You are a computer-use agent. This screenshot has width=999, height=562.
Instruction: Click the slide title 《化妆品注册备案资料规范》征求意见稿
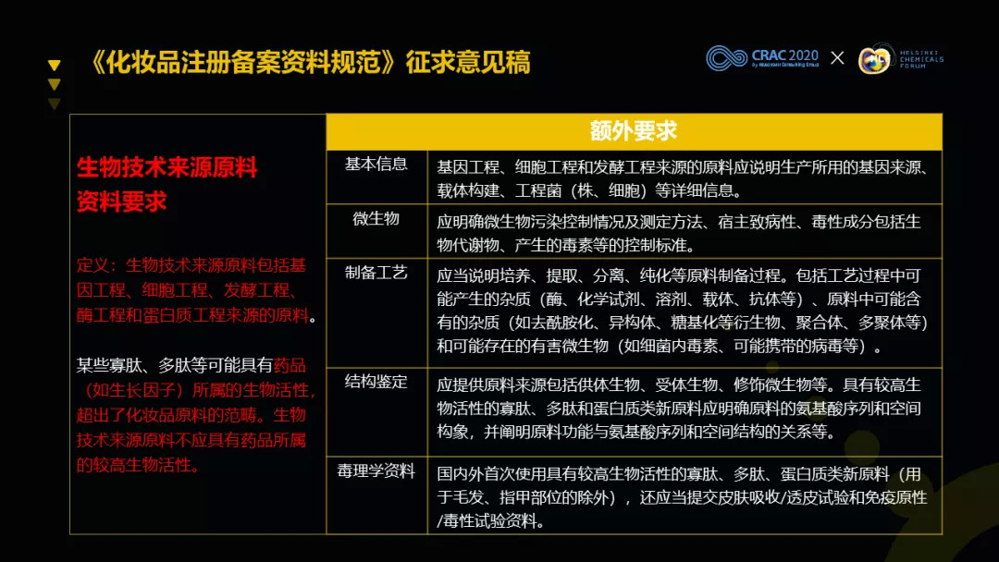(311, 62)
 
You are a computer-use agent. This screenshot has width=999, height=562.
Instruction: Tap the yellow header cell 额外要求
(634, 131)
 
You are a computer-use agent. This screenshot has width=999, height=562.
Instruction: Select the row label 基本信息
(376, 165)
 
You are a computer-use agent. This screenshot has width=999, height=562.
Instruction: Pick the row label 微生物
(376, 218)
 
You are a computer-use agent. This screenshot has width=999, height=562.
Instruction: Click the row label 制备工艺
(376, 273)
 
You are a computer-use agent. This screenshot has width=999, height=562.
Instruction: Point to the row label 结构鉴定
(376, 381)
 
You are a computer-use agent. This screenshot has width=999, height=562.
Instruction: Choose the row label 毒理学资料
(376, 470)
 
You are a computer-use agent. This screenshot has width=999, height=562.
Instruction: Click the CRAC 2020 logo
(762, 58)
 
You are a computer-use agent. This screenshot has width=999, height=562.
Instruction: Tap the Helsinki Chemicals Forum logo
(901, 59)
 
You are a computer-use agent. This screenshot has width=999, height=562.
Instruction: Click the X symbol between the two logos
(838, 58)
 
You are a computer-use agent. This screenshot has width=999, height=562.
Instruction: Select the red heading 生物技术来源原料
(166, 167)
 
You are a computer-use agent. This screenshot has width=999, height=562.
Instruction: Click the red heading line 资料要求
(122, 202)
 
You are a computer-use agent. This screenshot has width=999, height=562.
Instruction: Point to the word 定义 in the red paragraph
(92, 264)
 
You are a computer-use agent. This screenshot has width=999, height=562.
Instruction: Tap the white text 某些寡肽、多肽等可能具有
(175, 365)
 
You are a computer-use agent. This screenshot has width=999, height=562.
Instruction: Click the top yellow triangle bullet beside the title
(55, 65)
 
